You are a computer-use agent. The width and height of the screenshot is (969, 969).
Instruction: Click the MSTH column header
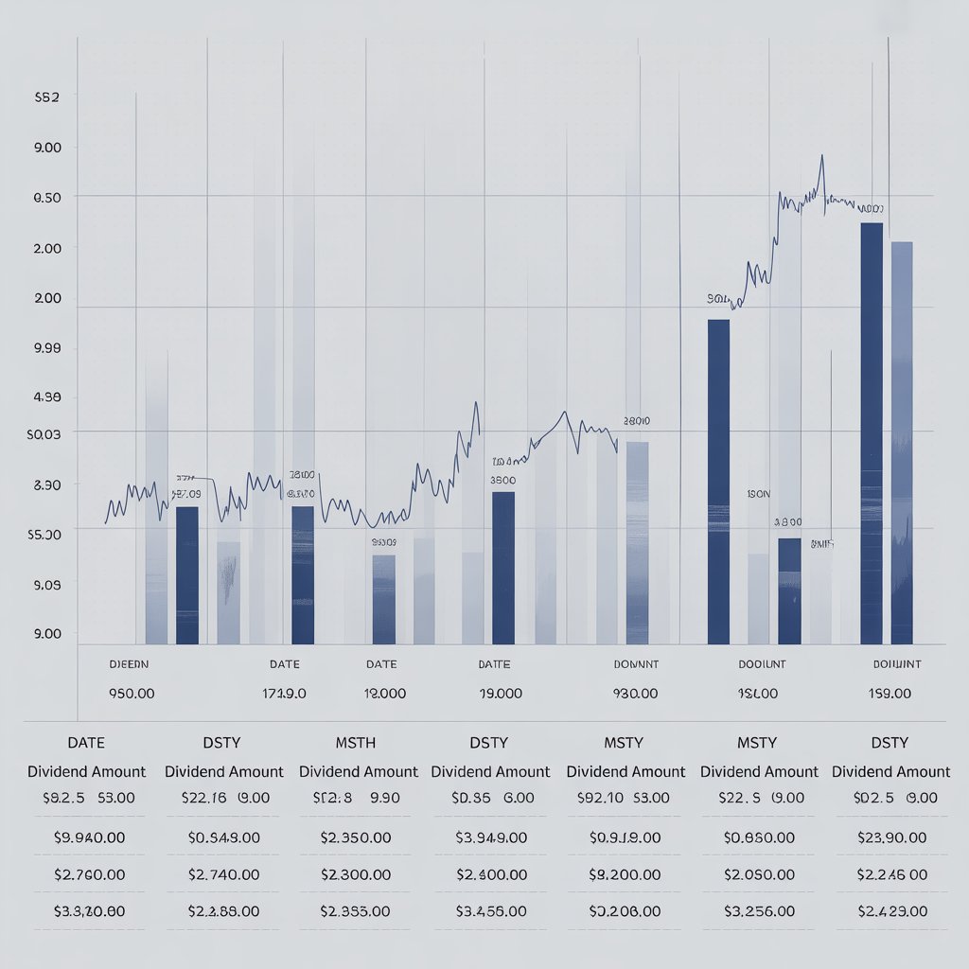[357, 743]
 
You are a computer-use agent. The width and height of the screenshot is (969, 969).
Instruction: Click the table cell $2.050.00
[758, 873]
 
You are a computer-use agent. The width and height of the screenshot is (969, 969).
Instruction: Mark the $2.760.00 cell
[86, 873]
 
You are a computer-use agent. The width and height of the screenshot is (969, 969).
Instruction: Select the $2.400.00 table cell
[489, 873]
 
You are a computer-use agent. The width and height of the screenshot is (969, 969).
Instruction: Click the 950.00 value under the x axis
[132, 694]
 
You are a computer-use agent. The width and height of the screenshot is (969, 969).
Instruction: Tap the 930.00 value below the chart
[635, 694]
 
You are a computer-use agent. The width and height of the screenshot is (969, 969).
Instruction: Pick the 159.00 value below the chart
[890, 694]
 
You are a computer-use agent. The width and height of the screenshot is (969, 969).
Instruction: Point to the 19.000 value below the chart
[502, 694]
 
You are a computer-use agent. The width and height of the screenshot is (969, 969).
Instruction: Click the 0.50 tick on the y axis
[47, 197]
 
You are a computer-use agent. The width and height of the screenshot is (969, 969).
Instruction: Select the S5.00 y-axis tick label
[46, 534]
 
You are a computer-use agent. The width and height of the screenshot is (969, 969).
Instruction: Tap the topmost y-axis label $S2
[46, 97]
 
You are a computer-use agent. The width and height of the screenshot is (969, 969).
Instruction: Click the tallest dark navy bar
[872, 432]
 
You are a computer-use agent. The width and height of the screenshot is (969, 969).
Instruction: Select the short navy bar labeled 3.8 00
[789, 590]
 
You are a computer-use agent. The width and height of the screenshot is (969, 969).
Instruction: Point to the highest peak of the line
[821, 156]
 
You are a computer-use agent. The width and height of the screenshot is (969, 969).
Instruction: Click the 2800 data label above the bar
[637, 421]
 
